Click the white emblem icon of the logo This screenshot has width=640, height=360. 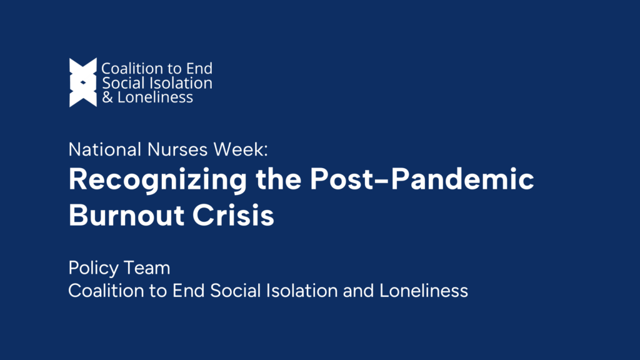(x=83, y=82)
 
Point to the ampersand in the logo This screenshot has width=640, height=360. (x=107, y=97)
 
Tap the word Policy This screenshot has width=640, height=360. (x=91, y=269)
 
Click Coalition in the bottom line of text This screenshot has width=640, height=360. (x=101, y=291)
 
